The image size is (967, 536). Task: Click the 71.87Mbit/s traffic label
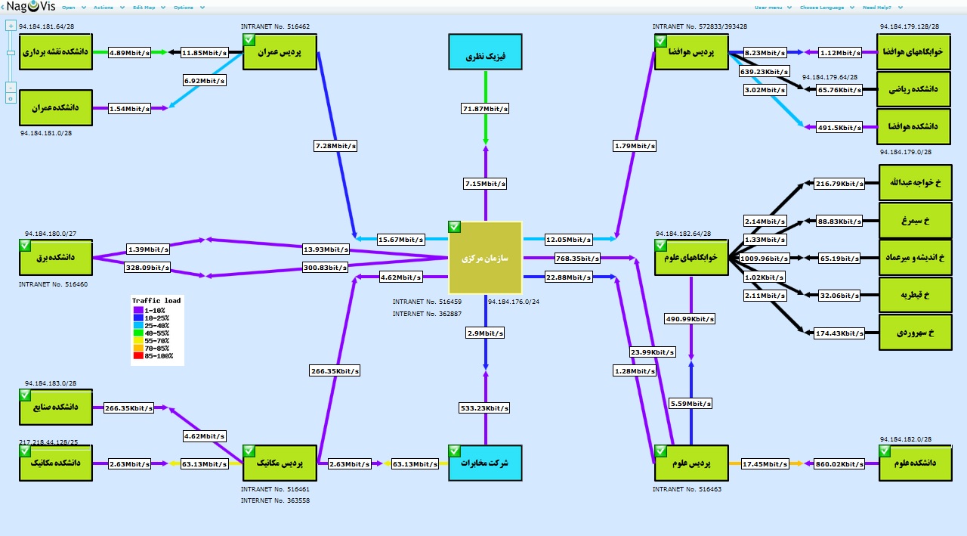click(485, 109)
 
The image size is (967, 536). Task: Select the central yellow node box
click(485, 258)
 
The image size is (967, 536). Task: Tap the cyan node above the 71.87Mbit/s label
click(485, 56)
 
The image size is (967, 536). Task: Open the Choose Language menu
click(823, 8)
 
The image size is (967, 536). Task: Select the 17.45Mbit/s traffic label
click(765, 463)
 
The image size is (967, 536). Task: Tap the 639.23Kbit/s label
click(765, 72)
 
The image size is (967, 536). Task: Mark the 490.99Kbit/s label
click(690, 319)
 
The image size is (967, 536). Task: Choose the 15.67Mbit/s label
click(400, 239)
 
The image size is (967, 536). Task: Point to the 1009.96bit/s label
click(765, 258)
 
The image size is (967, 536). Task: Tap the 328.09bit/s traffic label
click(148, 267)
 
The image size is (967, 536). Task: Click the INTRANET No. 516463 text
click(687, 489)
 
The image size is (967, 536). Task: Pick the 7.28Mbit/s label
click(335, 144)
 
